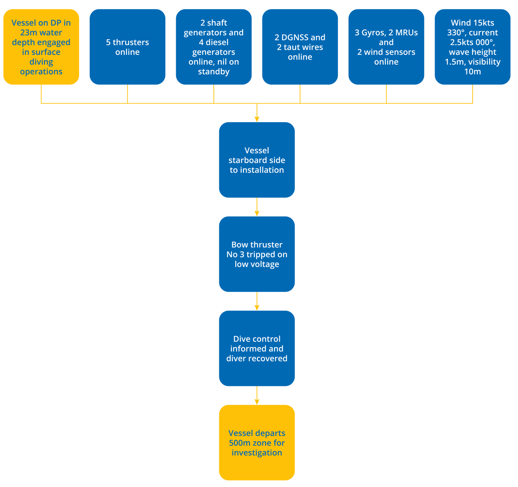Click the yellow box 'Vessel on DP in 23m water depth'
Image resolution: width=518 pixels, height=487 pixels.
pyautogui.click(x=41, y=47)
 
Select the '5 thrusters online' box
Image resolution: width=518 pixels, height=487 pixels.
pyautogui.click(x=127, y=47)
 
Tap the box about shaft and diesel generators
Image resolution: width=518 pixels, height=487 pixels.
pyautogui.click(x=214, y=47)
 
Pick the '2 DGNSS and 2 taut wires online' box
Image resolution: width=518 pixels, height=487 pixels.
pyautogui.click(x=300, y=47)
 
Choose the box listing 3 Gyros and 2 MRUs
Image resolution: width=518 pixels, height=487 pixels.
pyautogui.click(x=386, y=47)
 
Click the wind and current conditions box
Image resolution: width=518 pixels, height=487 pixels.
pyautogui.click(x=473, y=47)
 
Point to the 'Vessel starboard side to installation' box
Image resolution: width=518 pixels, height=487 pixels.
pyautogui.click(x=257, y=160)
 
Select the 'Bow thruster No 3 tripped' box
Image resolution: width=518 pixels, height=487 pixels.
pyautogui.click(x=257, y=254)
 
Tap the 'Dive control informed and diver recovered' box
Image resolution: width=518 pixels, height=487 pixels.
pyautogui.click(x=257, y=348)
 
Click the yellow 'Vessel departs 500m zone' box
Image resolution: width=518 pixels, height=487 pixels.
pyautogui.click(x=257, y=443)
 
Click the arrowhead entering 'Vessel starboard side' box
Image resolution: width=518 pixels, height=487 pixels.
pyautogui.click(x=257, y=118)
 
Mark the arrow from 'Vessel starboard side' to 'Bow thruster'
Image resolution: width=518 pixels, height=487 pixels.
pyautogui.click(x=257, y=208)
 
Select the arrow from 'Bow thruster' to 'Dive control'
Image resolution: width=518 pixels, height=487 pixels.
pyautogui.click(x=257, y=302)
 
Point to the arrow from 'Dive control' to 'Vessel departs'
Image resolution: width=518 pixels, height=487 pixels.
pyautogui.click(x=257, y=396)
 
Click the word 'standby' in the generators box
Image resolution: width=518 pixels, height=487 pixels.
pyautogui.click(x=214, y=72)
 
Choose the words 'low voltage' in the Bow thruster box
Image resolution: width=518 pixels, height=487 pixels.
pyautogui.click(x=257, y=264)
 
